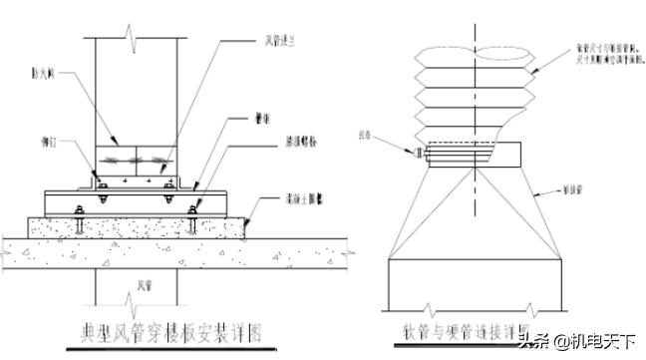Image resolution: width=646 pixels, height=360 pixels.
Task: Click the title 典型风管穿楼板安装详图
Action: (x=169, y=332)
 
